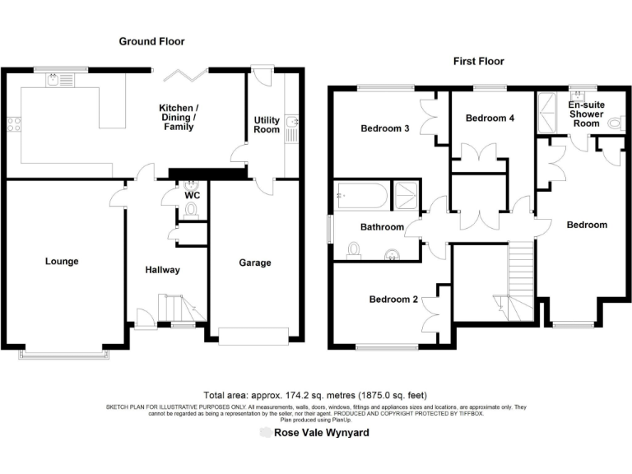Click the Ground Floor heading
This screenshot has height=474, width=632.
coord(151,41)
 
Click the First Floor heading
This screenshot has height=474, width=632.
coord(478,61)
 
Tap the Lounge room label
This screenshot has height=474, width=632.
coord(62,262)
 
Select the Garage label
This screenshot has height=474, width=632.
coord(255,263)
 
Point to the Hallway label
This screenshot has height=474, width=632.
coord(162,270)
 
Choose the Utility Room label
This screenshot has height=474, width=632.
coord(266,125)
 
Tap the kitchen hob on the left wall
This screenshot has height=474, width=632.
coord(13,125)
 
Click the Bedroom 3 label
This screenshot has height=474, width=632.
coord(385,128)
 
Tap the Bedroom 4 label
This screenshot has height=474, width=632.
coord(490,118)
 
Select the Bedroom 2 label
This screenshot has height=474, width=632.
coord(393,300)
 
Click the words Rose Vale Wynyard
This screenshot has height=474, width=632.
coord(321,432)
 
